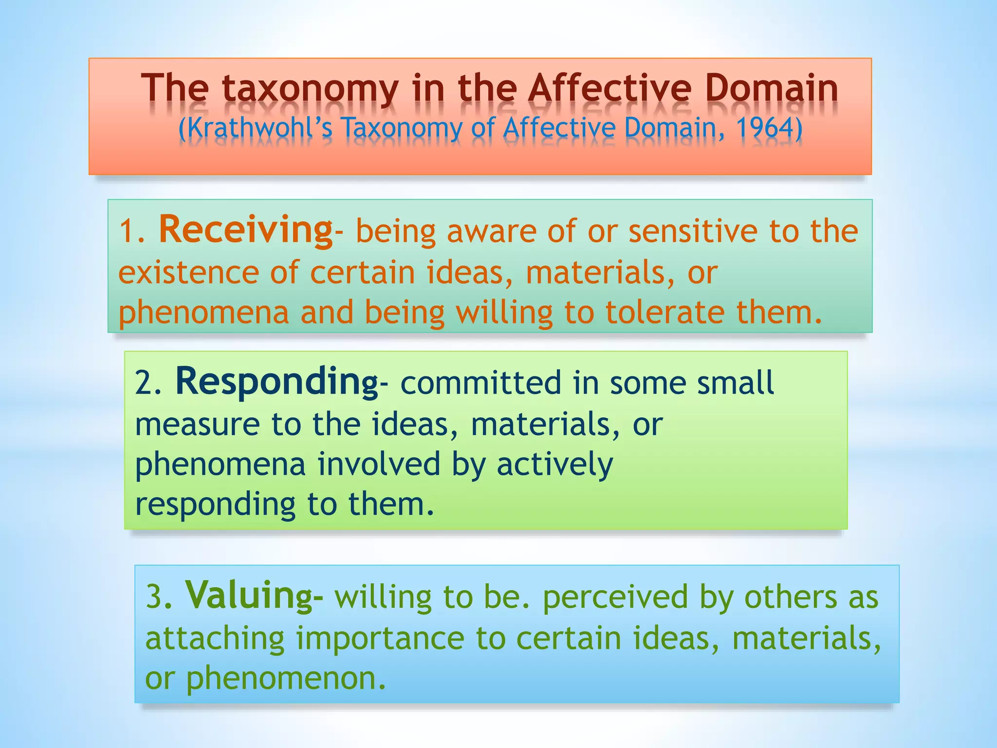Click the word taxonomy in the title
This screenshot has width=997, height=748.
click(310, 89)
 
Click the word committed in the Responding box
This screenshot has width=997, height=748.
click(480, 383)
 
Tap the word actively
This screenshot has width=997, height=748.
click(554, 464)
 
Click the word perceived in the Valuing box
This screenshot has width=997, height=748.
click(615, 597)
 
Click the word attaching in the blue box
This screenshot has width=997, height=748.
click(215, 638)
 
